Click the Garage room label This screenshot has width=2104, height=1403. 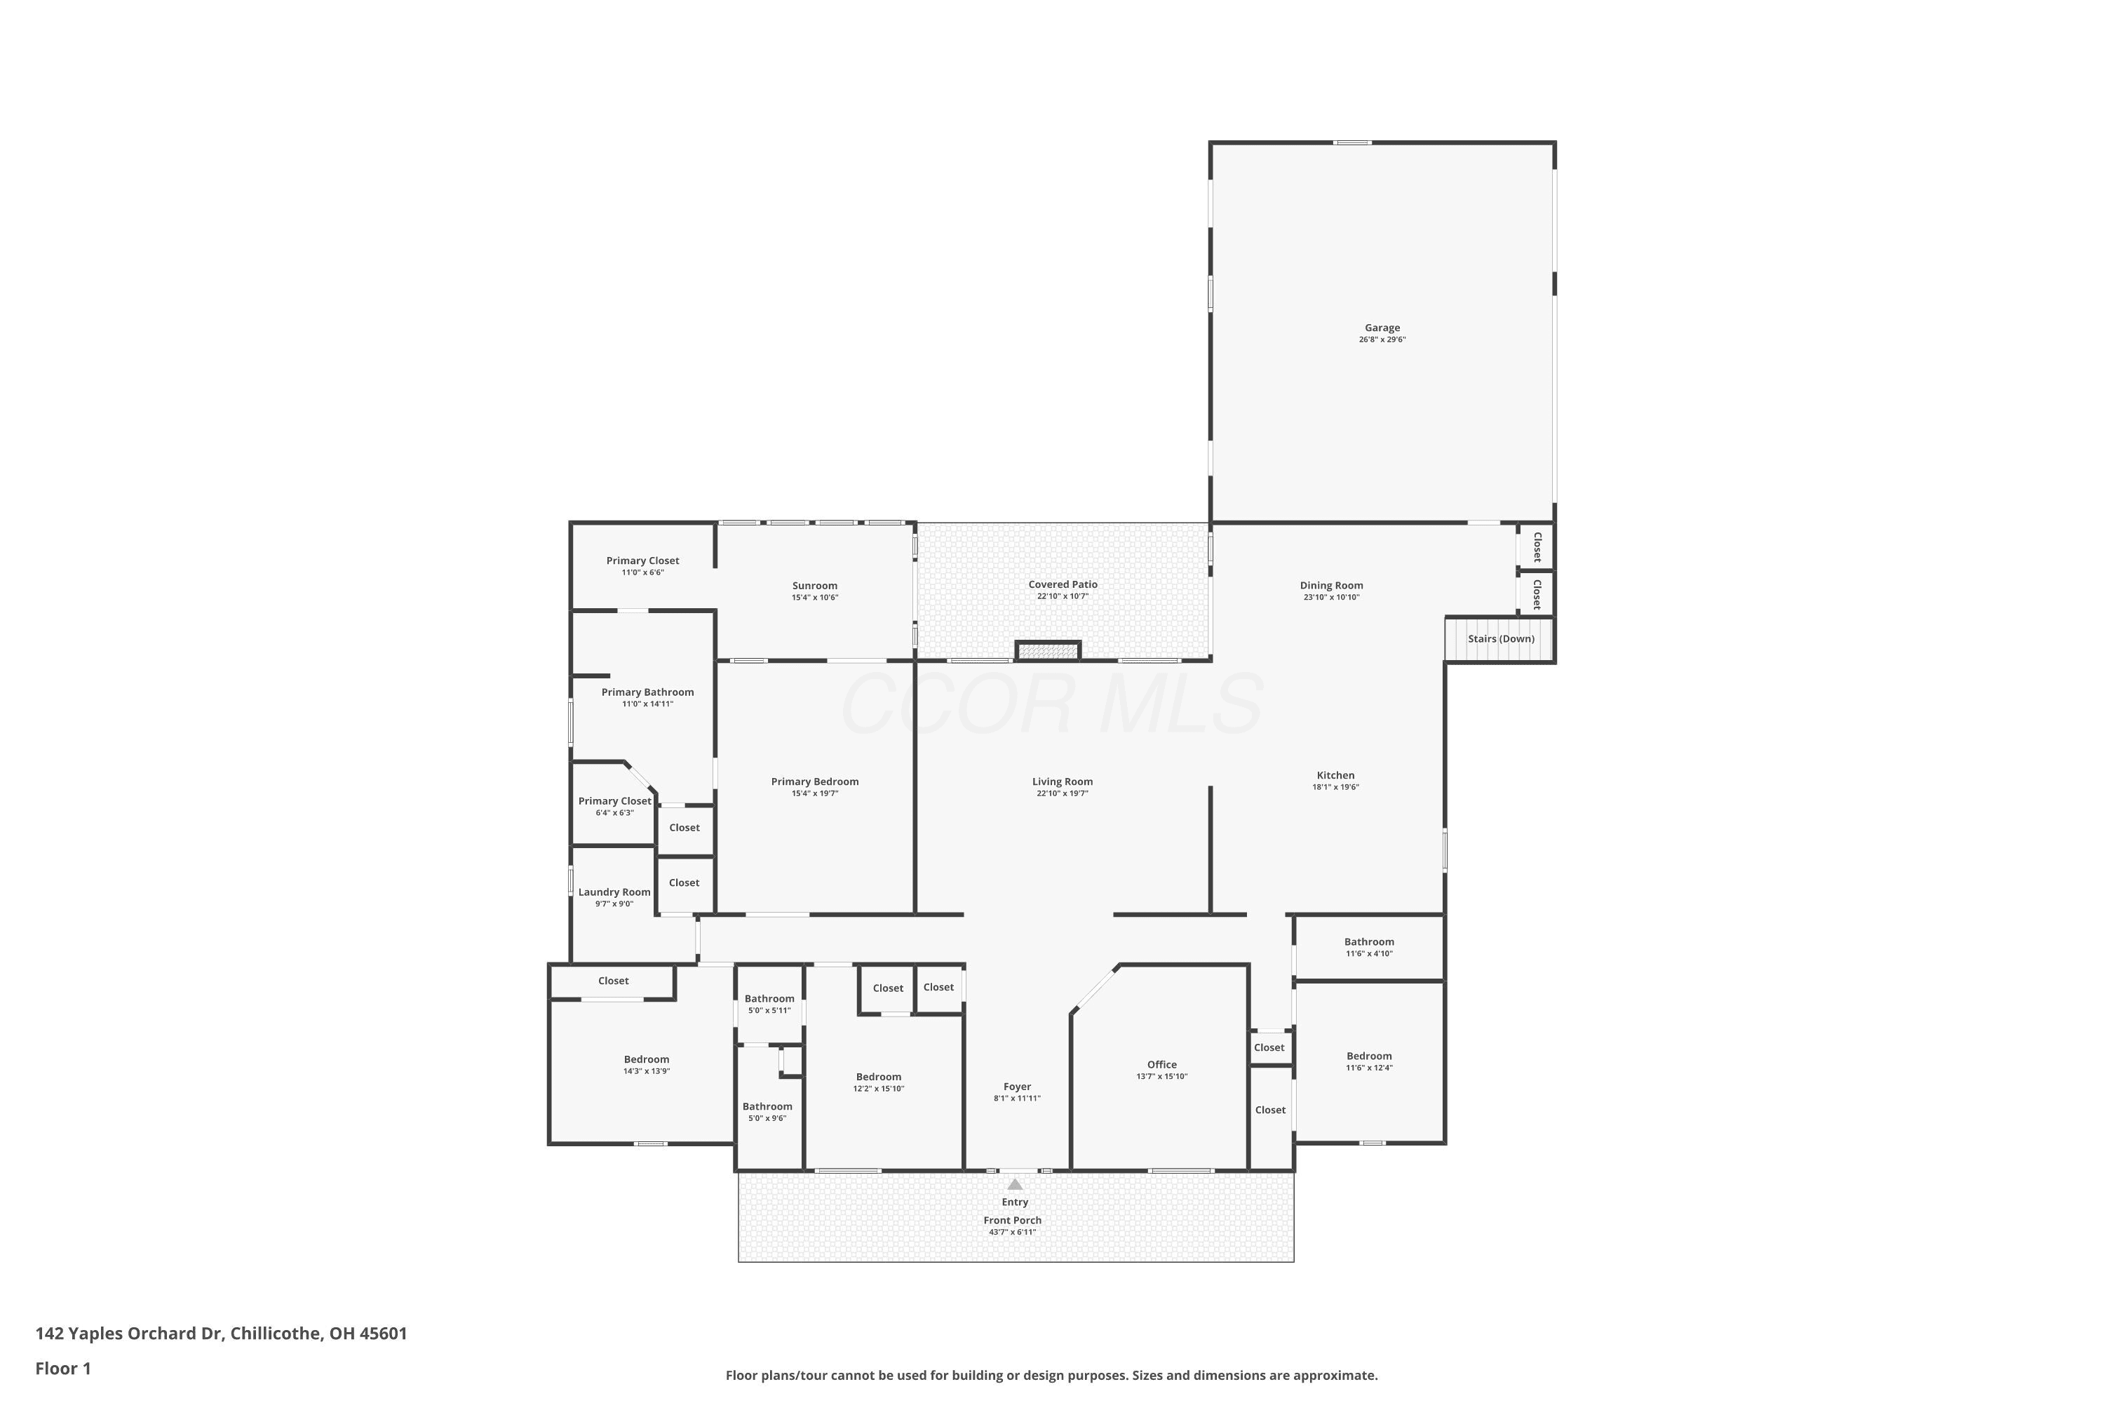[1382, 328]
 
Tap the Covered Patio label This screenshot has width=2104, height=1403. [1063, 584]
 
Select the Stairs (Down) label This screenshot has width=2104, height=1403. [1501, 639]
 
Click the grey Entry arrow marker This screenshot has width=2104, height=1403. [1014, 1184]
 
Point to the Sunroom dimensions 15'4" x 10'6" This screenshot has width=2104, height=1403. [815, 598]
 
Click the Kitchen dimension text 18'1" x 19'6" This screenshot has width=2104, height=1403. [1335, 787]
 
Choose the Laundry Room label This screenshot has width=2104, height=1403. [614, 892]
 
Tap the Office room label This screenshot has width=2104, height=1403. [1162, 1065]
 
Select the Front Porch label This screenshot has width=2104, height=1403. [1013, 1221]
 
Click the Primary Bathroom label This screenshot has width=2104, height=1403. [647, 692]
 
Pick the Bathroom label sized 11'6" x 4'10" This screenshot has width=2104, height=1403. [1369, 941]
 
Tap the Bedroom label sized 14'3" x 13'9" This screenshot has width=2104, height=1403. [647, 1059]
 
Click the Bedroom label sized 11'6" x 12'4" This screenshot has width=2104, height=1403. [1369, 1056]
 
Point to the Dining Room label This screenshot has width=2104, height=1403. [1331, 585]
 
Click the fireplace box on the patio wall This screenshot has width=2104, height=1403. [1048, 650]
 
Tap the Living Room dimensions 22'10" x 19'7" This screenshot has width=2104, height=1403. [1063, 793]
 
